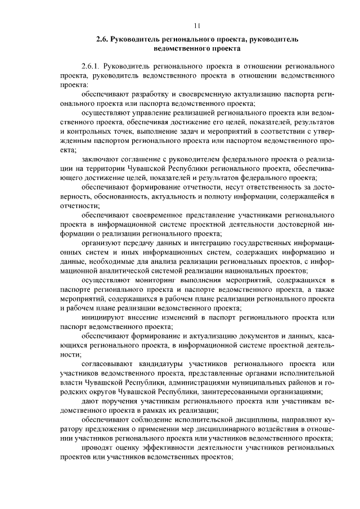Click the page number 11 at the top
(x=196, y=25)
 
